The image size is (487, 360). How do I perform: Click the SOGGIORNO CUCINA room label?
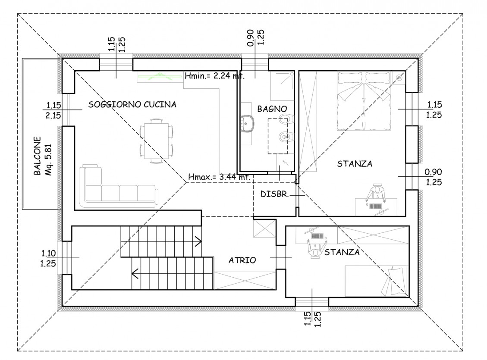132,104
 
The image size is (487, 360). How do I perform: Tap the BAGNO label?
272,109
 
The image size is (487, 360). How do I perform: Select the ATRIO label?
242,260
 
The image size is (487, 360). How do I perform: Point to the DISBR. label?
275,194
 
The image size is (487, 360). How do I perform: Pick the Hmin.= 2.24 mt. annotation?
215,75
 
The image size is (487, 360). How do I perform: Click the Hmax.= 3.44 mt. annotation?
219,177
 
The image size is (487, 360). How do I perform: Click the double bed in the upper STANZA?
363,101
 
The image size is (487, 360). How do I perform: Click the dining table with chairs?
156,141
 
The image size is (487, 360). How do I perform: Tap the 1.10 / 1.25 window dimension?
48,259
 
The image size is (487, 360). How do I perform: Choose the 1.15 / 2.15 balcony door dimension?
53,110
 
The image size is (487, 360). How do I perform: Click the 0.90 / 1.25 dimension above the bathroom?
255,38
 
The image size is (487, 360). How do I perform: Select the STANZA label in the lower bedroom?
342,252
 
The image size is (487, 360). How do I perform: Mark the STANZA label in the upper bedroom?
355,163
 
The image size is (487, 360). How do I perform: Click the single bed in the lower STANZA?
376,281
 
